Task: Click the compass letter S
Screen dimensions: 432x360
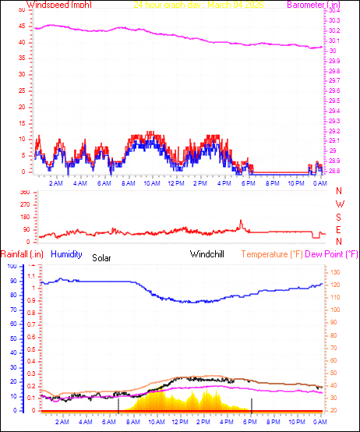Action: [x=339, y=217]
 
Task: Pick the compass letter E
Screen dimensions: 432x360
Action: [x=339, y=229]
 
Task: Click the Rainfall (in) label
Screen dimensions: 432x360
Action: [x=22, y=254]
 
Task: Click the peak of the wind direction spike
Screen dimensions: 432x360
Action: [x=241, y=221]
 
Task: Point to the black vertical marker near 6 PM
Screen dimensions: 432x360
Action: [x=252, y=404]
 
